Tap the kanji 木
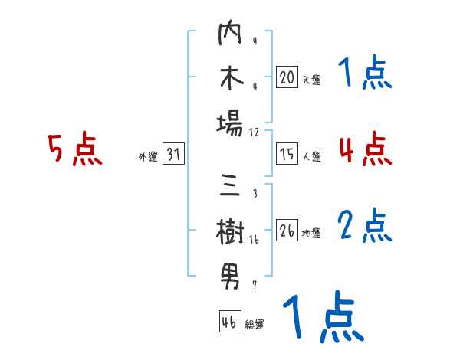[230, 80]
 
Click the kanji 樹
[230, 231]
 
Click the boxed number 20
[287, 77]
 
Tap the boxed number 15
[287, 154]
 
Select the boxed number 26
[287, 231]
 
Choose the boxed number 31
[173, 155]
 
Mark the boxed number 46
[229, 321]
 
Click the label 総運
[255, 324]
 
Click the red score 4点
[365, 149]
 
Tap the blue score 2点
[365, 225]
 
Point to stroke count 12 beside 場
[255, 133]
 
